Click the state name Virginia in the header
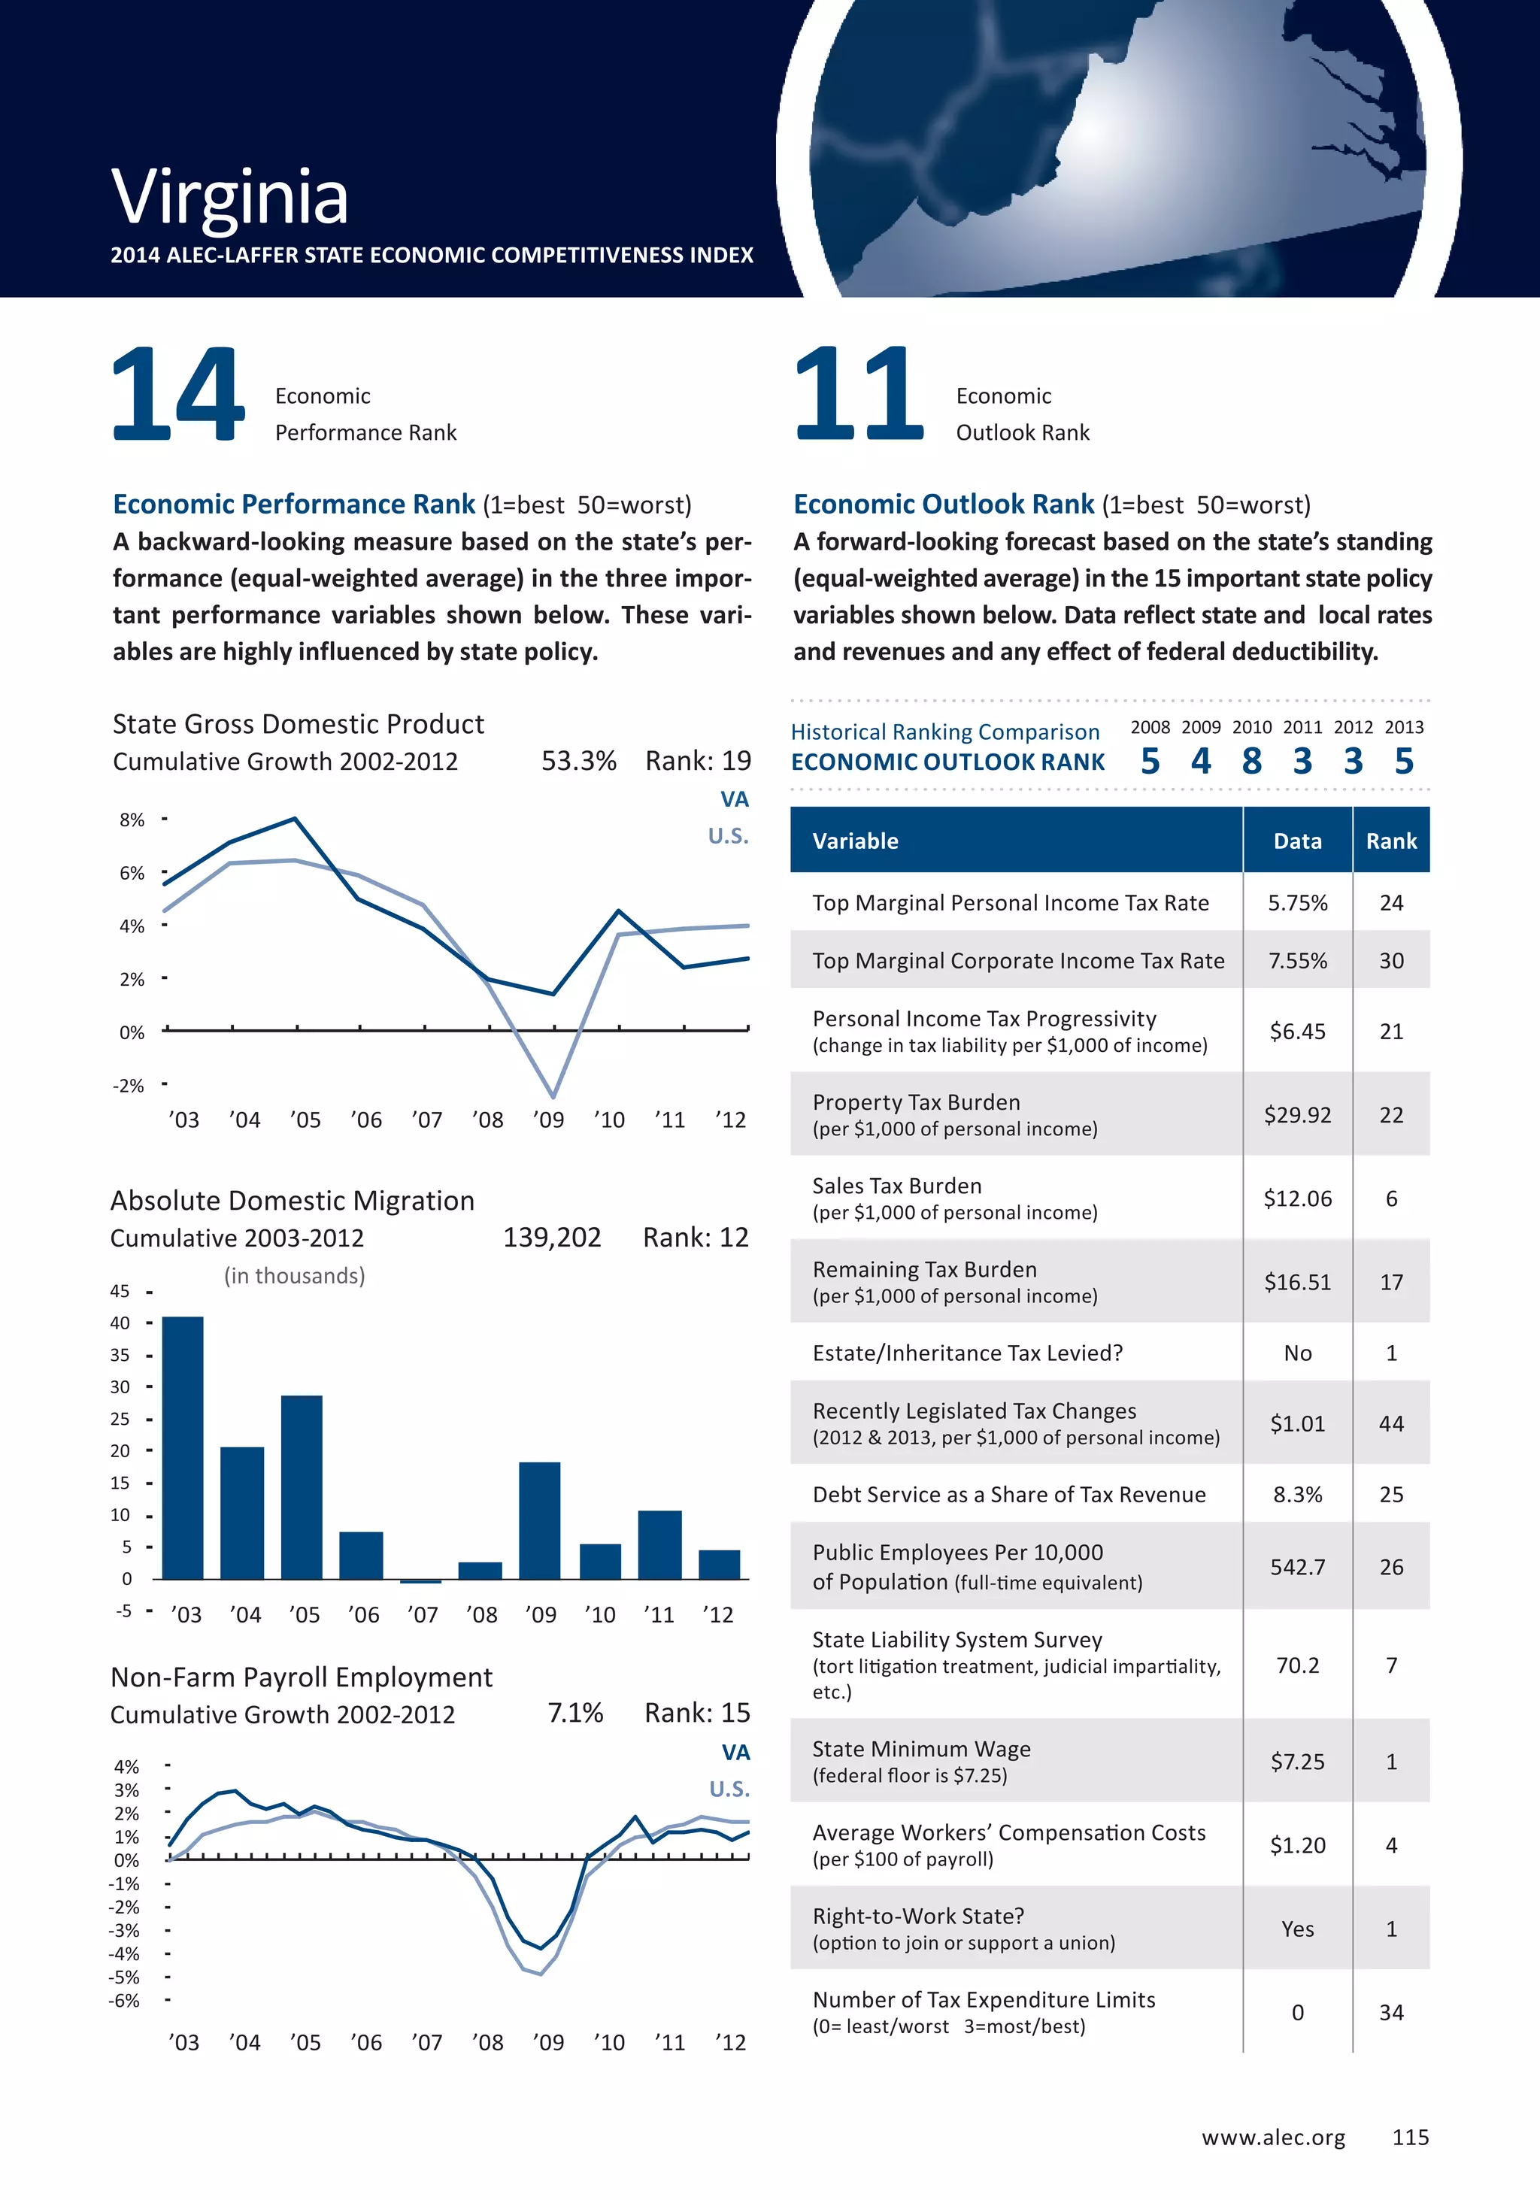[229, 198]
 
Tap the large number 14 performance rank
[178, 394]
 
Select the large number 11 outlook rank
[859, 394]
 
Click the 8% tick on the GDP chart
[132, 820]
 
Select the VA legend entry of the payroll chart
[735, 1753]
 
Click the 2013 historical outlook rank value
[1404, 762]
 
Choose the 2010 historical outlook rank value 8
[1251, 762]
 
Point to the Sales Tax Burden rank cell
[1391, 1198]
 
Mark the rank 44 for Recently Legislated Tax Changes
[1391, 1424]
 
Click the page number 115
[1411, 2138]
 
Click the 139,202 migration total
[552, 1238]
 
